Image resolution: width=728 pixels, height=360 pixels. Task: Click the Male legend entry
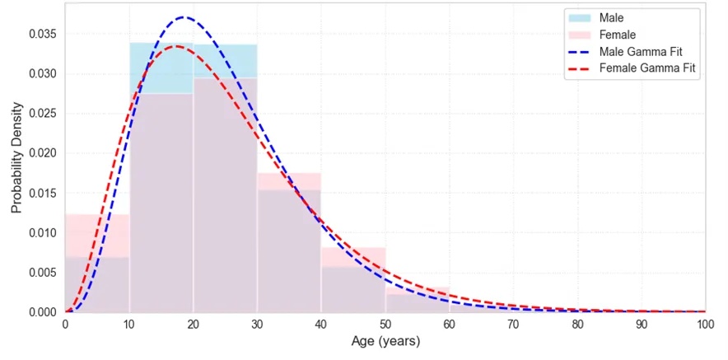point(595,18)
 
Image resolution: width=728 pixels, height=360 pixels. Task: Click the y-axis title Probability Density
point(16,157)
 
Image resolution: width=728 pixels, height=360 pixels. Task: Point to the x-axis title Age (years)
point(385,343)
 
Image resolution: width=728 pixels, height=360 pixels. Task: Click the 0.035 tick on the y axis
point(44,35)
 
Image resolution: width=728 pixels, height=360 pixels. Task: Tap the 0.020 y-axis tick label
point(44,153)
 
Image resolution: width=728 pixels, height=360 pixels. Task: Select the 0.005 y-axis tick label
point(44,272)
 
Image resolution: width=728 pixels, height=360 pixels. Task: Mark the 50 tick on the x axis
point(385,325)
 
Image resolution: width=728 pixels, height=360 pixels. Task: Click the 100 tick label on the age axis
point(705,325)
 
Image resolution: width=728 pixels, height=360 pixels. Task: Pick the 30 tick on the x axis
point(257,325)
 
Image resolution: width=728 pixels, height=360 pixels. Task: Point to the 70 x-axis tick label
point(513,325)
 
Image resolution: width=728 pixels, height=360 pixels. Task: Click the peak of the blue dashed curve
point(184,17)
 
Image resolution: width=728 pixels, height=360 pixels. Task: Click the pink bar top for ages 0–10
point(97,215)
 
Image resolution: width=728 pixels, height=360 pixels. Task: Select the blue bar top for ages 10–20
point(161,43)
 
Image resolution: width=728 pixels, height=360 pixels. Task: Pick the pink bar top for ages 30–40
point(289,173)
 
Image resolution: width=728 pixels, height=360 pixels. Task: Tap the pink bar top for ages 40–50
point(352,248)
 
